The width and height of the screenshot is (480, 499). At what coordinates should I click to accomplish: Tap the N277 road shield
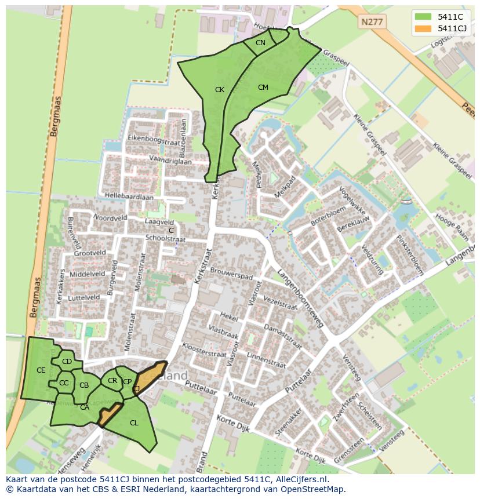tap(371, 22)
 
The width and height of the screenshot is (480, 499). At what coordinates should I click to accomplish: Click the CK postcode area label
tap(220, 90)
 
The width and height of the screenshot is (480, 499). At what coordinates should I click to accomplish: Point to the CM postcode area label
tap(263, 88)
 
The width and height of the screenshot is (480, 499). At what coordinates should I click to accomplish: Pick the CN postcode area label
tap(260, 43)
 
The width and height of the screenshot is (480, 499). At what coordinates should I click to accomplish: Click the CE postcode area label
tap(41, 370)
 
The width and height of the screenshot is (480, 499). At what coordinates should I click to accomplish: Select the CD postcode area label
tap(67, 362)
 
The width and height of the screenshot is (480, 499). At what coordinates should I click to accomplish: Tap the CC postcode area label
tap(64, 383)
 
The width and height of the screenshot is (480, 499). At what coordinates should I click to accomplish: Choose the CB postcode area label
tap(84, 385)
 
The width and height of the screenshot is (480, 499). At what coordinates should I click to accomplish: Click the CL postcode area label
tap(134, 423)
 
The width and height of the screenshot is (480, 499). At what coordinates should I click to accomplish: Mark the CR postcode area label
tap(112, 381)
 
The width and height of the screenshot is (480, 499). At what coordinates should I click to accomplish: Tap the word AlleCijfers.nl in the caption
tap(301, 480)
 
